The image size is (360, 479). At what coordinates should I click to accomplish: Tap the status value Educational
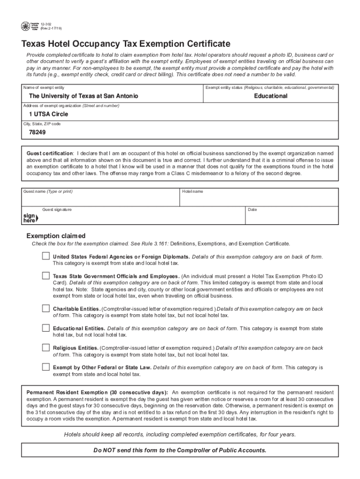[271, 96]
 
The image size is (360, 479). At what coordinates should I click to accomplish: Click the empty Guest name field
[100, 200]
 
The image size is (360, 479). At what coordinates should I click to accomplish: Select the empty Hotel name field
[259, 200]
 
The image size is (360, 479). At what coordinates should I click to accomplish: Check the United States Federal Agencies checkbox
[45, 256]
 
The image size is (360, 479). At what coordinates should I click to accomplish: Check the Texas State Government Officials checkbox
[45, 276]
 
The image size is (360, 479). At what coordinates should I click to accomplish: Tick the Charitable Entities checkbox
[45, 308]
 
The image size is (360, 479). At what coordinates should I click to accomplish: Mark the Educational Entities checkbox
[45, 328]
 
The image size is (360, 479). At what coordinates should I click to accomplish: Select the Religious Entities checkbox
[45, 348]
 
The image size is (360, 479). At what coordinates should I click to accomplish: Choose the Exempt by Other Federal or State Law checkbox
[45, 367]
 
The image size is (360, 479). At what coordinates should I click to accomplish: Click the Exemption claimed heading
[56, 236]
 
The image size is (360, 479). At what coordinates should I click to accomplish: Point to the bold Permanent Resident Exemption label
[97, 392]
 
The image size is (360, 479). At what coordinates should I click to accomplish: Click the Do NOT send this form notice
[180, 450]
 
